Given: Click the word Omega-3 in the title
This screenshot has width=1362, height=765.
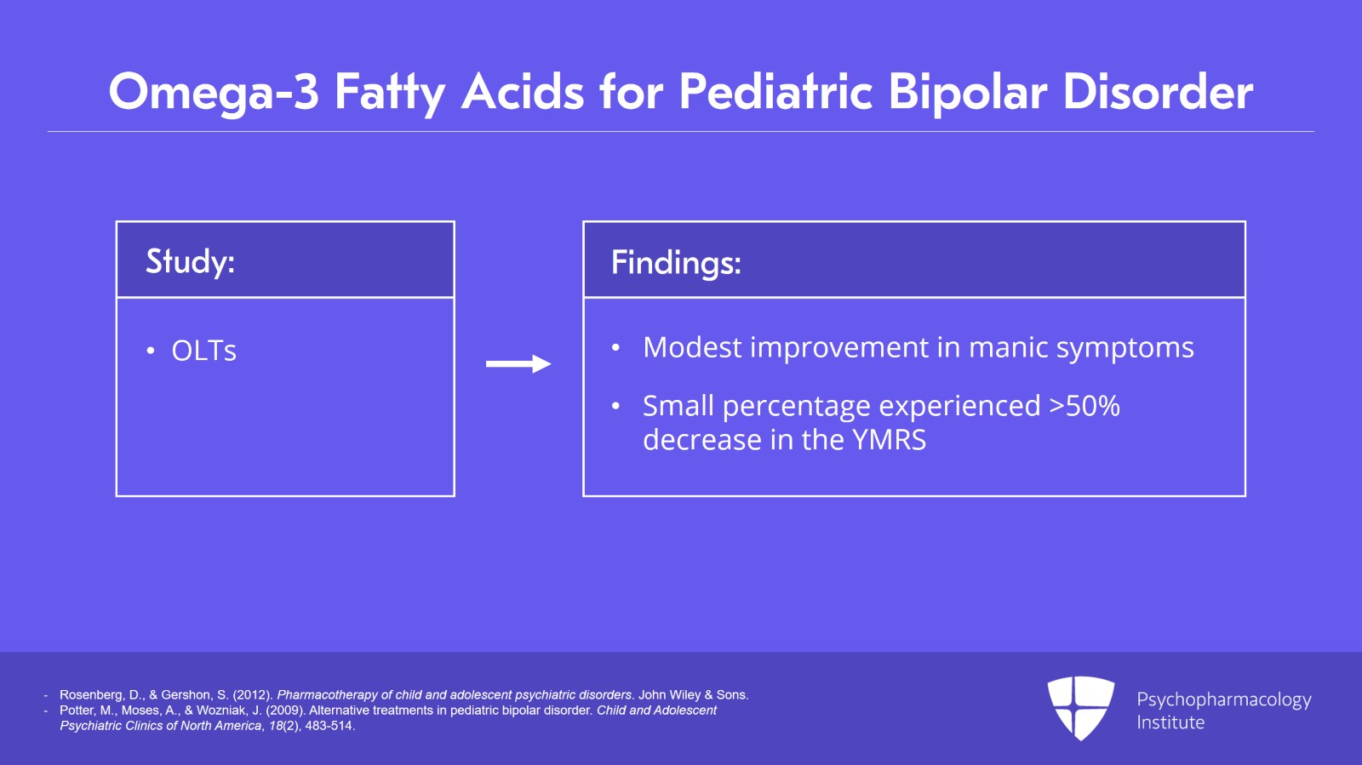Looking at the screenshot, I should point(213,92).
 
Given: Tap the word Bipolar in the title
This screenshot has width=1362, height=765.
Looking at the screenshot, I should point(967,92).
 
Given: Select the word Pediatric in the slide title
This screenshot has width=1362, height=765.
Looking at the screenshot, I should point(775,92).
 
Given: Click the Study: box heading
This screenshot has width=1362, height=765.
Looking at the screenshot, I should point(190,260).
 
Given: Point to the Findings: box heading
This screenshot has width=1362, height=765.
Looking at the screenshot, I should point(676,262).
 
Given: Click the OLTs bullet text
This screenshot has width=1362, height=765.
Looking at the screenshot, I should point(204,351).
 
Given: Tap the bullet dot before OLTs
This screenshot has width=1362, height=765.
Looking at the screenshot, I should point(151,351).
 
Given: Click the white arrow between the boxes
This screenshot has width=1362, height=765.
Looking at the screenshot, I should point(518,364).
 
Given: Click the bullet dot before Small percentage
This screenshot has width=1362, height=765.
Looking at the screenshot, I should point(615,407).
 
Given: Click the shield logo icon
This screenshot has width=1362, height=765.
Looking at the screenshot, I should point(1080,707).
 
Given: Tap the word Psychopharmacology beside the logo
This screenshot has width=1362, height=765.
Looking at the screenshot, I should point(1223,699).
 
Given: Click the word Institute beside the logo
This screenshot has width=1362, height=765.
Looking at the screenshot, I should point(1170,722).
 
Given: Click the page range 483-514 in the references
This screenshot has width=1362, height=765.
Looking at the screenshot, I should point(329,726).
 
